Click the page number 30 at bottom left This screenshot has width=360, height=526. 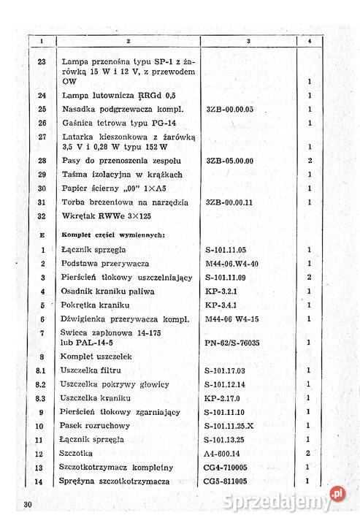coord(27,505)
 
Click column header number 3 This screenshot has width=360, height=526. coord(249,41)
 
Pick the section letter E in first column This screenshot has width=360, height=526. coord(42,235)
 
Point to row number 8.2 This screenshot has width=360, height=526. coord(42,384)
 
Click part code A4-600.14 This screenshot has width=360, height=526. coord(228,453)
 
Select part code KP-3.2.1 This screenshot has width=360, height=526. coord(222,291)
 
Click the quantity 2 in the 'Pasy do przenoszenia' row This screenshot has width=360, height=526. coord(310,160)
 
